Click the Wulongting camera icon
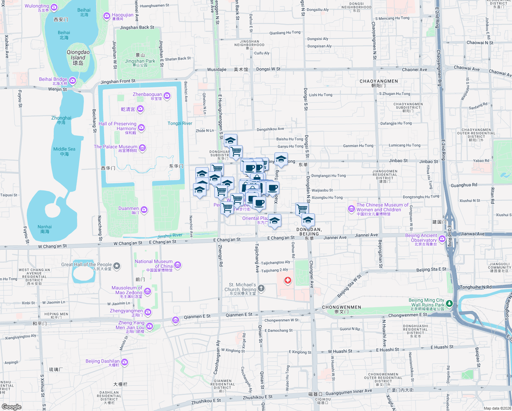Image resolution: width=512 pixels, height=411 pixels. click(x=54, y=7)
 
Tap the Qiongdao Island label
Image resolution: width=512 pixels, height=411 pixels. click(x=78, y=58)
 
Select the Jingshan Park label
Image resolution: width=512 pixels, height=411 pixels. click(x=140, y=61)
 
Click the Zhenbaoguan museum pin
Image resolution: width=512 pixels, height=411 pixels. click(x=167, y=96)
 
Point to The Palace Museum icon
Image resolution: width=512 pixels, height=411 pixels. click(x=142, y=148)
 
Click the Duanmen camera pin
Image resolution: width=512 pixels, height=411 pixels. click(x=144, y=210)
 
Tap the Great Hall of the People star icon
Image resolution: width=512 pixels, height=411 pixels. click(x=117, y=266)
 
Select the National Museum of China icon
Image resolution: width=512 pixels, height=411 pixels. click(x=177, y=265)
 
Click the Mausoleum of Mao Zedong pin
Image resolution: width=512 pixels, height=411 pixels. click(x=148, y=291)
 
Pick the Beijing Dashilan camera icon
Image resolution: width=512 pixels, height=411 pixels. click(x=125, y=362)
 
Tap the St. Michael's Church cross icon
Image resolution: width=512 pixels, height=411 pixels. click(x=261, y=288)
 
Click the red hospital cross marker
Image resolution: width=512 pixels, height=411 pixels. click(x=288, y=281)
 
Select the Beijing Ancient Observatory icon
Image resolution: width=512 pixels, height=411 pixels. click(x=442, y=239)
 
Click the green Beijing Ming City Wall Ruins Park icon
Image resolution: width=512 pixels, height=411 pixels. click(x=449, y=303)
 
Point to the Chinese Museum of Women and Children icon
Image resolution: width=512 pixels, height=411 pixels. click(x=351, y=209)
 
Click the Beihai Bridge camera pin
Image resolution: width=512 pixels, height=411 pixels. click(x=72, y=80)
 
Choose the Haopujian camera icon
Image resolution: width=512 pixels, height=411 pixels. click(x=107, y=16)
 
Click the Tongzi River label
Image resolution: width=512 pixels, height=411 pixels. click(x=180, y=123)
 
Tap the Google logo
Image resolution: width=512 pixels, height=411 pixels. click(x=12, y=407)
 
